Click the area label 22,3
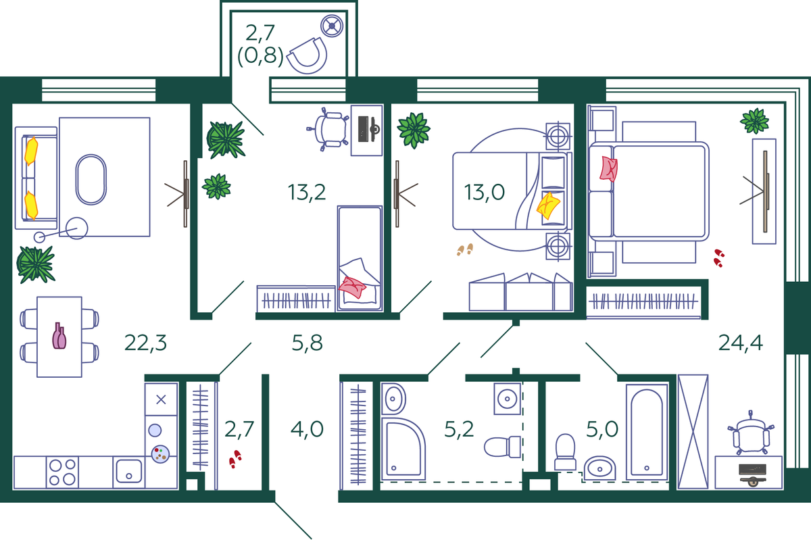(145, 343)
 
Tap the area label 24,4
(741, 343)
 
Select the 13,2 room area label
(307, 193)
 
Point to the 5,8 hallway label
(307, 343)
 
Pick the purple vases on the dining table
(59, 336)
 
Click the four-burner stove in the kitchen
(62, 472)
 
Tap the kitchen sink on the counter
(128, 471)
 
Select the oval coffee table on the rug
(91, 180)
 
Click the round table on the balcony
(332, 26)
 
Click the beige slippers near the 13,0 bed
(465, 249)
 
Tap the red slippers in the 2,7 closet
(235, 459)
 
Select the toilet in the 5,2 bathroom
(502, 447)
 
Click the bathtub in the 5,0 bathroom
(647, 432)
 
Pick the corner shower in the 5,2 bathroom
(403, 448)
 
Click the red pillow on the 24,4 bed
(608, 169)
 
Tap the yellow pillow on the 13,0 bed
(548, 205)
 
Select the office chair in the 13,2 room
(328, 129)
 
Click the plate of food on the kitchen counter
(160, 454)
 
